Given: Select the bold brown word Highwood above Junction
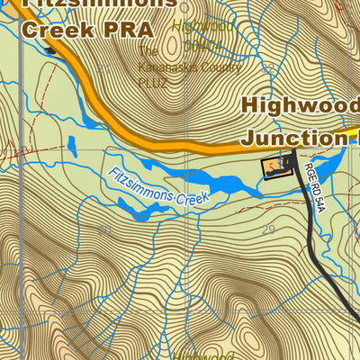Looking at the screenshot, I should [299, 105].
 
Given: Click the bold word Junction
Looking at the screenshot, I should [292, 137].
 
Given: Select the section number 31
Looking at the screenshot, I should [103, 67].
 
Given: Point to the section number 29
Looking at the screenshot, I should [268, 231].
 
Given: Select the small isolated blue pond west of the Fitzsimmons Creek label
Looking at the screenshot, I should [70, 144].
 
